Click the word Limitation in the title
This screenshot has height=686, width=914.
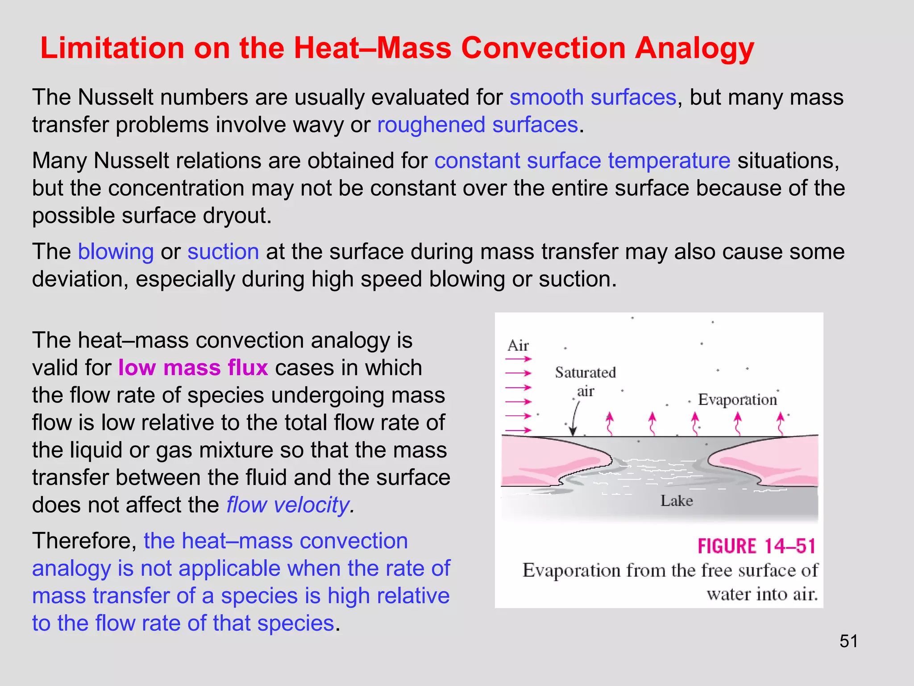(x=112, y=48)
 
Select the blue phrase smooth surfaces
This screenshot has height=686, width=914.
(x=593, y=97)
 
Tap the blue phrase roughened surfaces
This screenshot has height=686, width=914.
(x=478, y=125)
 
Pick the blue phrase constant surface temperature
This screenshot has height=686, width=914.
(x=582, y=161)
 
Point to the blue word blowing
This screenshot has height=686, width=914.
(x=116, y=251)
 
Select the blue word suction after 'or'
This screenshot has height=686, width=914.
(x=223, y=251)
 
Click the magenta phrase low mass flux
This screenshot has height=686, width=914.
(x=193, y=368)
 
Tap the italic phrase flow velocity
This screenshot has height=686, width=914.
(x=289, y=505)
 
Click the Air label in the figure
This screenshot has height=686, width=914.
(x=518, y=346)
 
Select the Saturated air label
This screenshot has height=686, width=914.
(x=585, y=381)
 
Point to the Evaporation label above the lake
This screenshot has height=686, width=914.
(x=737, y=399)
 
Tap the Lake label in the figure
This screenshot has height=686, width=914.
(x=677, y=501)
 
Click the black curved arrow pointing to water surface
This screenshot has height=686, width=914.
(x=575, y=418)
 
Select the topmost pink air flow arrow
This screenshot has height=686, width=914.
(x=519, y=359)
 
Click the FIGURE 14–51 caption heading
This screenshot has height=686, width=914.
(x=757, y=546)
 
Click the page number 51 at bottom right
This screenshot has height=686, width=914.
(x=848, y=641)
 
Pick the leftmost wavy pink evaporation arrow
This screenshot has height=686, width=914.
(x=609, y=423)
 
